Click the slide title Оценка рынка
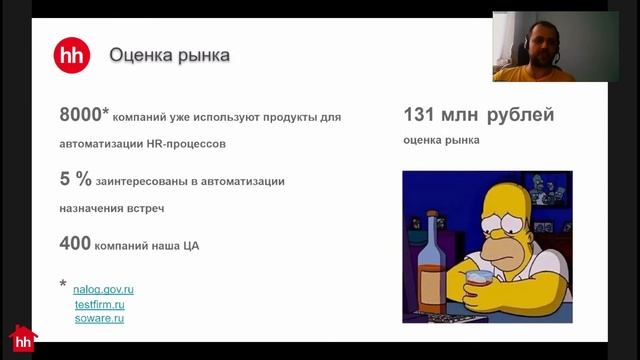tap(169, 54)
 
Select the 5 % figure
tap(76, 180)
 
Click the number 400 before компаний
tap(75, 243)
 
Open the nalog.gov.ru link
tap(104, 289)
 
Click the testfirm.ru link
tap(98, 304)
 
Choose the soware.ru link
tap(98, 318)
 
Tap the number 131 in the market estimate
tap(421, 115)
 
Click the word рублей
tap(520, 115)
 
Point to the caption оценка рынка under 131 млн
tap(441, 141)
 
